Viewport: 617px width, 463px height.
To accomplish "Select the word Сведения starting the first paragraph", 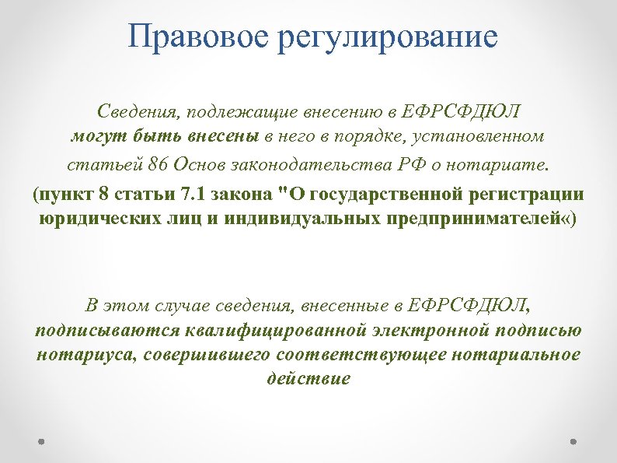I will [135, 110].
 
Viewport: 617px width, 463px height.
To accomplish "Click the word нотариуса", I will [74, 354].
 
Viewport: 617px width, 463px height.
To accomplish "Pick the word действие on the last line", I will [308, 379].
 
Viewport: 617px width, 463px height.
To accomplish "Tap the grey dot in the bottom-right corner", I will [573, 440].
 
